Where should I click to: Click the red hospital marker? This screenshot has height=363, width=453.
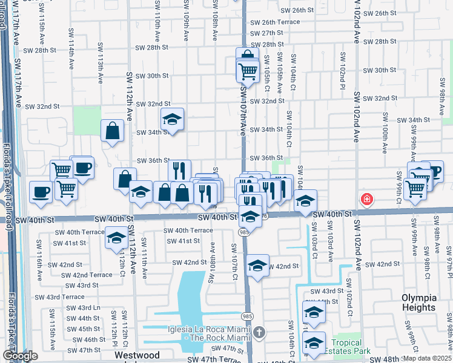[x=366, y=198]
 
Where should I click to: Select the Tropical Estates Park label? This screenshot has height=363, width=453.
[x=346, y=347]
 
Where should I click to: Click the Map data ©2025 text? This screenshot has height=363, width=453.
[x=427, y=358]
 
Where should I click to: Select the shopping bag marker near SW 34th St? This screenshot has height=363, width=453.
[x=113, y=130]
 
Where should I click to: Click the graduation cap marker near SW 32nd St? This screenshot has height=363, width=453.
[x=172, y=119]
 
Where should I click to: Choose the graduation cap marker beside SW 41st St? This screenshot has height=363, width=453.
[x=116, y=238]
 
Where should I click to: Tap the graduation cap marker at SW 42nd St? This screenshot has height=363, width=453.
[x=257, y=265]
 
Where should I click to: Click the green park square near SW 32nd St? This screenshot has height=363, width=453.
[x=87, y=120]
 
